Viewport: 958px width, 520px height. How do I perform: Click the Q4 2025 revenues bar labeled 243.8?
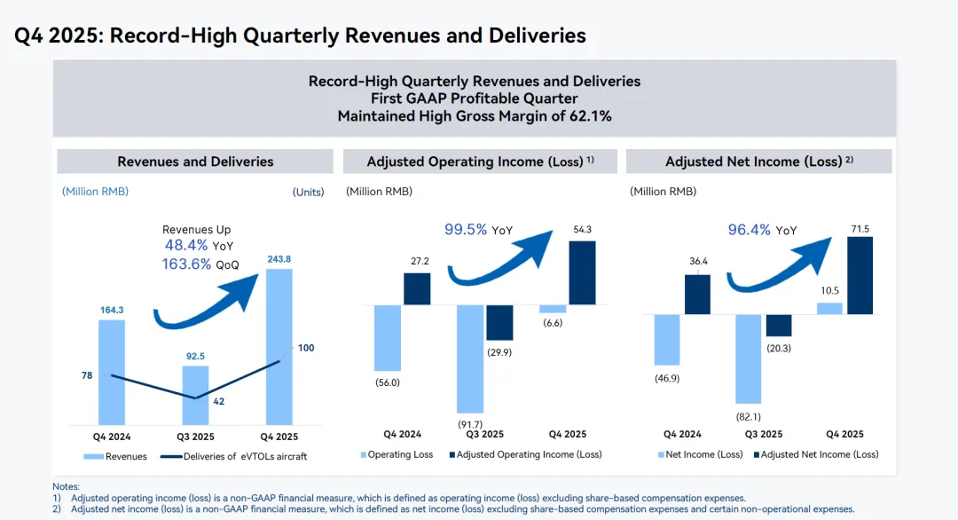coord(279,346)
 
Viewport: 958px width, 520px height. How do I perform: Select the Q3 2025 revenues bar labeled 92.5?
coord(196,395)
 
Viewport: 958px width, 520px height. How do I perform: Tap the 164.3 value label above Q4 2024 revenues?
coord(112,310)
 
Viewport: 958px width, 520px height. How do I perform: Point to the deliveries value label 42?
coord(218,401)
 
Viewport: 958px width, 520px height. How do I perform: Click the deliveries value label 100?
coord(306,348)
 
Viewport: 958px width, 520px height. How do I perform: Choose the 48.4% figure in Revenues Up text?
coord(186,245)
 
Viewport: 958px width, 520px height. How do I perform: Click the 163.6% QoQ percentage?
coord(187,264)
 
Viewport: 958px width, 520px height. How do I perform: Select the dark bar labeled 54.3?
coord(582,272)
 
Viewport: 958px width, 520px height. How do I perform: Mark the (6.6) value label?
coord(553,323)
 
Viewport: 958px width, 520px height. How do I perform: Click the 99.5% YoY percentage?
coord(466,229)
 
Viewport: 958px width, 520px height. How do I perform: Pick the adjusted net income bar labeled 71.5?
coord(860,275)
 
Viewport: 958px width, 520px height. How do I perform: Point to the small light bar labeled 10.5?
coord(829,308)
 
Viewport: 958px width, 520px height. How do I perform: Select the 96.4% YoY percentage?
coord(750,229)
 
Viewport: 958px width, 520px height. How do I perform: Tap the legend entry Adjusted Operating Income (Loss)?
coord(526,454)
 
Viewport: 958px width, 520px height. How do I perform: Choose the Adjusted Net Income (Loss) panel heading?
coord(758,162)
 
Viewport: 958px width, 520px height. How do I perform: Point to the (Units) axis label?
coord(308,192)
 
